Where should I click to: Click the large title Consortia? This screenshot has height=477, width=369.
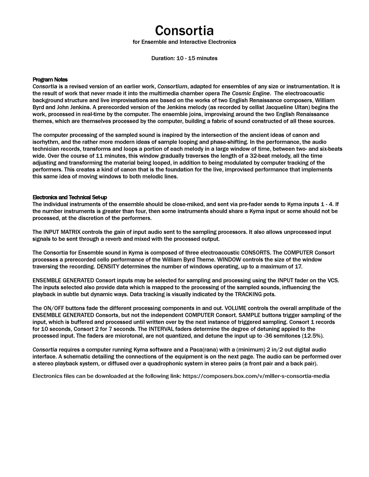184,31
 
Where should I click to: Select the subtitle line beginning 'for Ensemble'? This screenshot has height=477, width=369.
184,42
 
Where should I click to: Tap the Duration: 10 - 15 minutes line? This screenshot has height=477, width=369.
184,58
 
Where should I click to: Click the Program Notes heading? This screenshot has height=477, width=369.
50,80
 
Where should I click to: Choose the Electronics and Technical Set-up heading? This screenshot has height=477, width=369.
70,197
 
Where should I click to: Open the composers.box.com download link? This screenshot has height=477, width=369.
256,376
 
